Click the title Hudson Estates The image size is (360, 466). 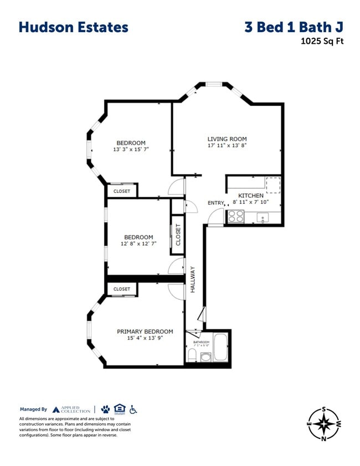point(73,27)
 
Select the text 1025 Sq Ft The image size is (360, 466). point(322,40)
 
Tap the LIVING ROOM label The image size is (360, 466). point(227,139)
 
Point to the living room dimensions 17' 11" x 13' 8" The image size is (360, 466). point(227,146)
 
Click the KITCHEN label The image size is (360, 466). point(251,196)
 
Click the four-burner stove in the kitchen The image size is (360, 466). point(236,217)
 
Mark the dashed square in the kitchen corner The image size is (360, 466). point(273,184)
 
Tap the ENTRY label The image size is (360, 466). point(215,203)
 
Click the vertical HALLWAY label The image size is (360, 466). point(193,280)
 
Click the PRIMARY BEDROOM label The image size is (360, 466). point(145,331)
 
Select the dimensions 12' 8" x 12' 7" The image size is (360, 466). point(138,244)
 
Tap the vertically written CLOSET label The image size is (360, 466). point(178,235)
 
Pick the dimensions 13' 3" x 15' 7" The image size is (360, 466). point(131,150)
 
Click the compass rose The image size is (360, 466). point(323,424)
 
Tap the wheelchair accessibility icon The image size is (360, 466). point(133,409)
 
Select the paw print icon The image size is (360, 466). point(105,409)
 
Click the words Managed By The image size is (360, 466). point(33,409)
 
